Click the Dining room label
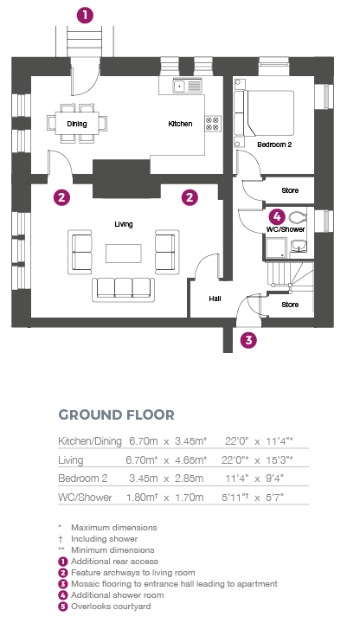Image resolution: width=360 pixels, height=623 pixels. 77,124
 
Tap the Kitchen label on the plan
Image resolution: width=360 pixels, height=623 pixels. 180,124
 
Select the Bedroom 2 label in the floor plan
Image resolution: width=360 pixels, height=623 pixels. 274,145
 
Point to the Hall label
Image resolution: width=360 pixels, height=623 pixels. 215,299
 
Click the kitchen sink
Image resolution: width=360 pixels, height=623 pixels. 187,86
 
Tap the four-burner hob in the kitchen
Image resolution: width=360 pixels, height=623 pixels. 213,124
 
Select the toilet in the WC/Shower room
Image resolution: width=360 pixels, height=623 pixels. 297,218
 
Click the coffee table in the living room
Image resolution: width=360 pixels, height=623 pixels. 123,253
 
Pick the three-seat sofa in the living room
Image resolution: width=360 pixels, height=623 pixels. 124,289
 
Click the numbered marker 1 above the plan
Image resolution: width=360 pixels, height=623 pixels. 85,16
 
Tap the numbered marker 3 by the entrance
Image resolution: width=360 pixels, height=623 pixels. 248,340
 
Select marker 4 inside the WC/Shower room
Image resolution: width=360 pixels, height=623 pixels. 277,217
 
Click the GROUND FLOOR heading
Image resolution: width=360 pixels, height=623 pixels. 117,414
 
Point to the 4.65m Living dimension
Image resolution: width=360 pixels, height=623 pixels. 190,459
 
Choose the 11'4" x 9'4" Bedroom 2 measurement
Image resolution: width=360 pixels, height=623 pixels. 254,478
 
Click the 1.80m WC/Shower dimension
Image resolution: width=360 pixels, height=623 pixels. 142,497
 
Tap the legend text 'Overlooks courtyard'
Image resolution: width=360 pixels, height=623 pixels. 111,607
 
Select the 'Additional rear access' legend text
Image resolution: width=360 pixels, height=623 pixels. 114,562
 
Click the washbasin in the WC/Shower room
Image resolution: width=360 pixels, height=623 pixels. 299,247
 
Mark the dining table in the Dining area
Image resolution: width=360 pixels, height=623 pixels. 77,123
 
